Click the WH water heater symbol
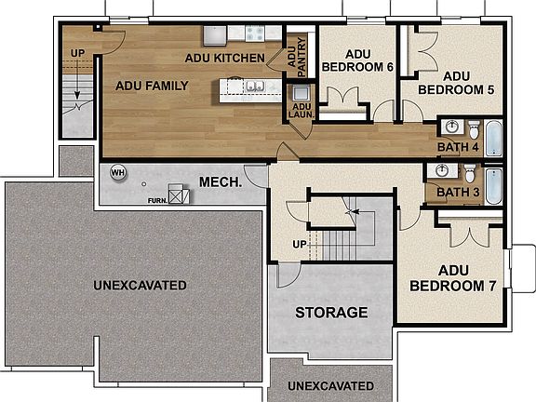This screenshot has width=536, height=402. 118,172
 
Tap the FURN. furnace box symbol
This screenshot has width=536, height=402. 180,197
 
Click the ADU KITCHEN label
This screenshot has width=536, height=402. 223,58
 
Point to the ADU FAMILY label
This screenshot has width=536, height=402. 152,86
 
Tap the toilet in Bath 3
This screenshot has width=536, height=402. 471,173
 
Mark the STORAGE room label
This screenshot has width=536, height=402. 331,312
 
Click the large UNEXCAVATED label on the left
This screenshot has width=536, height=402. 140,284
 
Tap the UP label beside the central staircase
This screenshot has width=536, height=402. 300,245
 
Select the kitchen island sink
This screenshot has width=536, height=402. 253,87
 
